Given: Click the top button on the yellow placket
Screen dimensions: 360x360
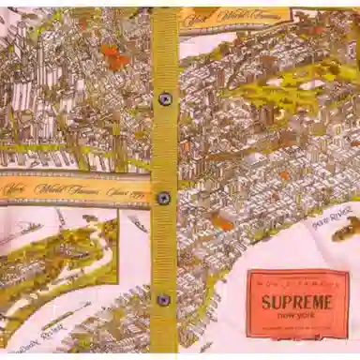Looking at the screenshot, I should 165,98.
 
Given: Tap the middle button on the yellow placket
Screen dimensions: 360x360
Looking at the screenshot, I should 164,198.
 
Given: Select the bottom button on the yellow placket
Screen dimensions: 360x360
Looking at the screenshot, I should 163,300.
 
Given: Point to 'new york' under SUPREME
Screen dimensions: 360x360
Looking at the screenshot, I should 297,317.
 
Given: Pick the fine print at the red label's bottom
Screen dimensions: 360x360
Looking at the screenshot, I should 296,331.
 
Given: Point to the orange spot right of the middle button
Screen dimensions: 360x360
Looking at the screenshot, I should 222,222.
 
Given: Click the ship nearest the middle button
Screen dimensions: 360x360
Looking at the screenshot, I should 139,223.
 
